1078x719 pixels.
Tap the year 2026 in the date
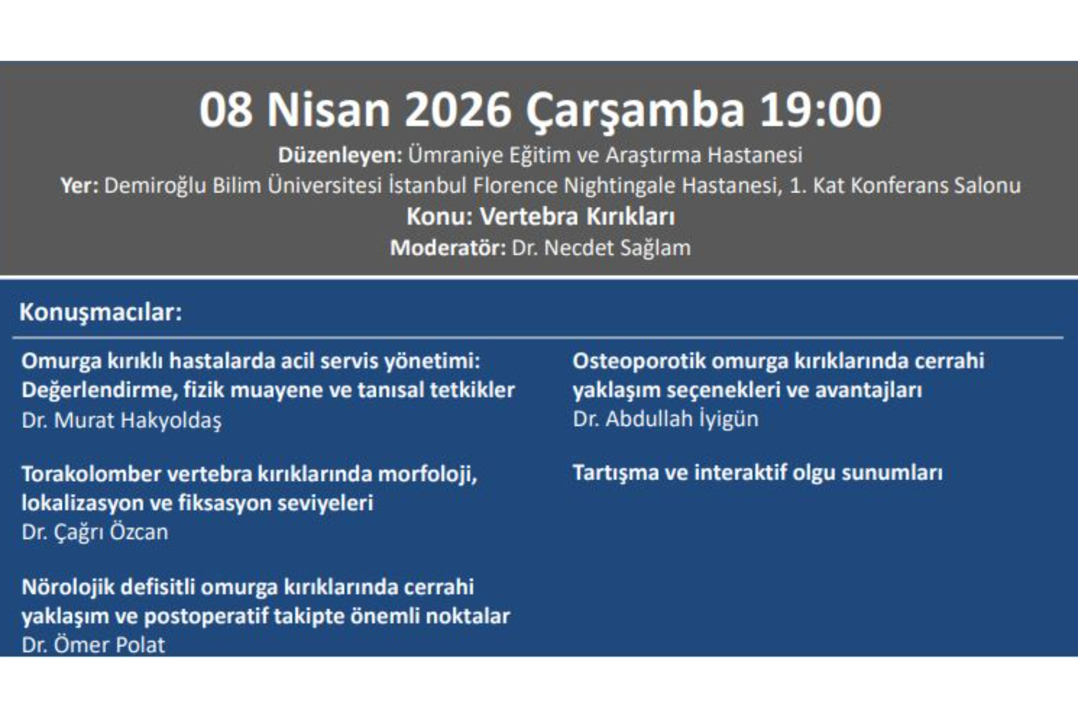(458, 110)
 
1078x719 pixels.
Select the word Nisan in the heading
(328, 110)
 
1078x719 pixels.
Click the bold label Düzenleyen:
(340, 156)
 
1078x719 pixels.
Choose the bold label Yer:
(79, 186)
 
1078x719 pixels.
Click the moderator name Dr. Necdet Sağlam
(601, 248)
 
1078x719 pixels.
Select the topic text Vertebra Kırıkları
(577, 217)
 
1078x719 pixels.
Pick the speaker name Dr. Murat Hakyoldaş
(122, 421)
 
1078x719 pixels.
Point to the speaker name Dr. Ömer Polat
(94, 645)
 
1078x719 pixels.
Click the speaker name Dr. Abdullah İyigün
(665, 419)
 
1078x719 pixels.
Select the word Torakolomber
(92, 474)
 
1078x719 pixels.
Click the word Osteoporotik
(639, 361)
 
